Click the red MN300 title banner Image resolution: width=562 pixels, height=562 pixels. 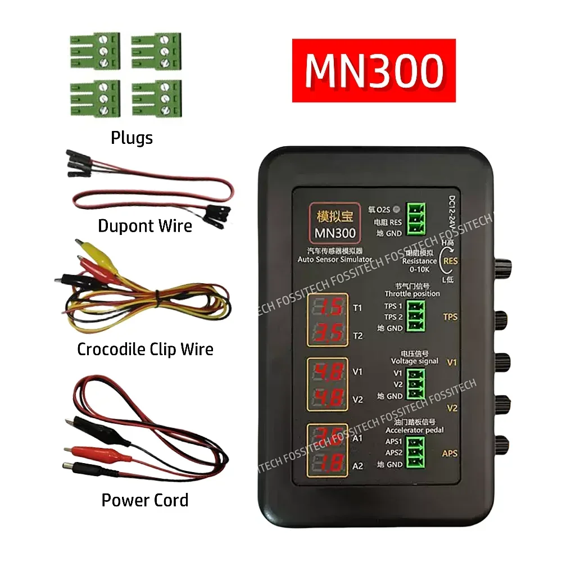tap(373, 70)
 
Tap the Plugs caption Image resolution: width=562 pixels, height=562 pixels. tap(132, 138)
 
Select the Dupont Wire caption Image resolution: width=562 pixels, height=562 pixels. tap(145, 226)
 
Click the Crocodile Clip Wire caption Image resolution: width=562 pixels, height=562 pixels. tap(145, 350)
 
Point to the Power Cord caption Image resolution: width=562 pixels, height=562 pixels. tap(145, 500)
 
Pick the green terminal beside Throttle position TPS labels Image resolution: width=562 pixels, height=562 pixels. tap(415, 317)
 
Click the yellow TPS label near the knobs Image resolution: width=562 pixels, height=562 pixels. tap(450, 317)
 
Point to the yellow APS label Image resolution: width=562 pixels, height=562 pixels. tap(450, 454)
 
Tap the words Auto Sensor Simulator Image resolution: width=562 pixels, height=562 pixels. tap(335, 259)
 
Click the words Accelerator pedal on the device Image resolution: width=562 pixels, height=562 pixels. tap(415, 430)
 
